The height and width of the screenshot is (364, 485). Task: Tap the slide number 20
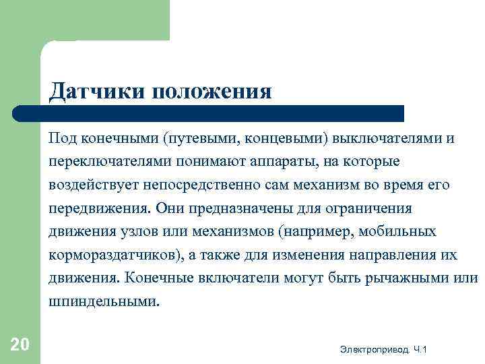(20, 345)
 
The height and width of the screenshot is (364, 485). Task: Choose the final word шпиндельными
(104, 302)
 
